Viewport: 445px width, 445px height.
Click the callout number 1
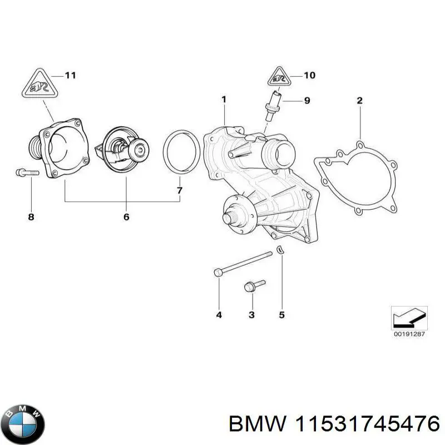[x=224, y=100]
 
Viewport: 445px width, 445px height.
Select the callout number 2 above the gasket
[x=359, y=101]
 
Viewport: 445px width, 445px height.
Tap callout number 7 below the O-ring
[x=179, y=191]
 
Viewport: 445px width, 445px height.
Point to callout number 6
[x=126, y=216]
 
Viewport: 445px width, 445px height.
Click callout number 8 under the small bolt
[x=31, y=216]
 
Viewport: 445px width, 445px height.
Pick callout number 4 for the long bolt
[x=219, y=315]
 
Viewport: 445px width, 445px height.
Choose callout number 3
[x=251, y=315]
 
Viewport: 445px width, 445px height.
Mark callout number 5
[x=281, y=315]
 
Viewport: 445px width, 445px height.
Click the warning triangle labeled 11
[x=39, y=85]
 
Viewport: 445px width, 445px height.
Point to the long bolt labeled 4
[x=245, y=263]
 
